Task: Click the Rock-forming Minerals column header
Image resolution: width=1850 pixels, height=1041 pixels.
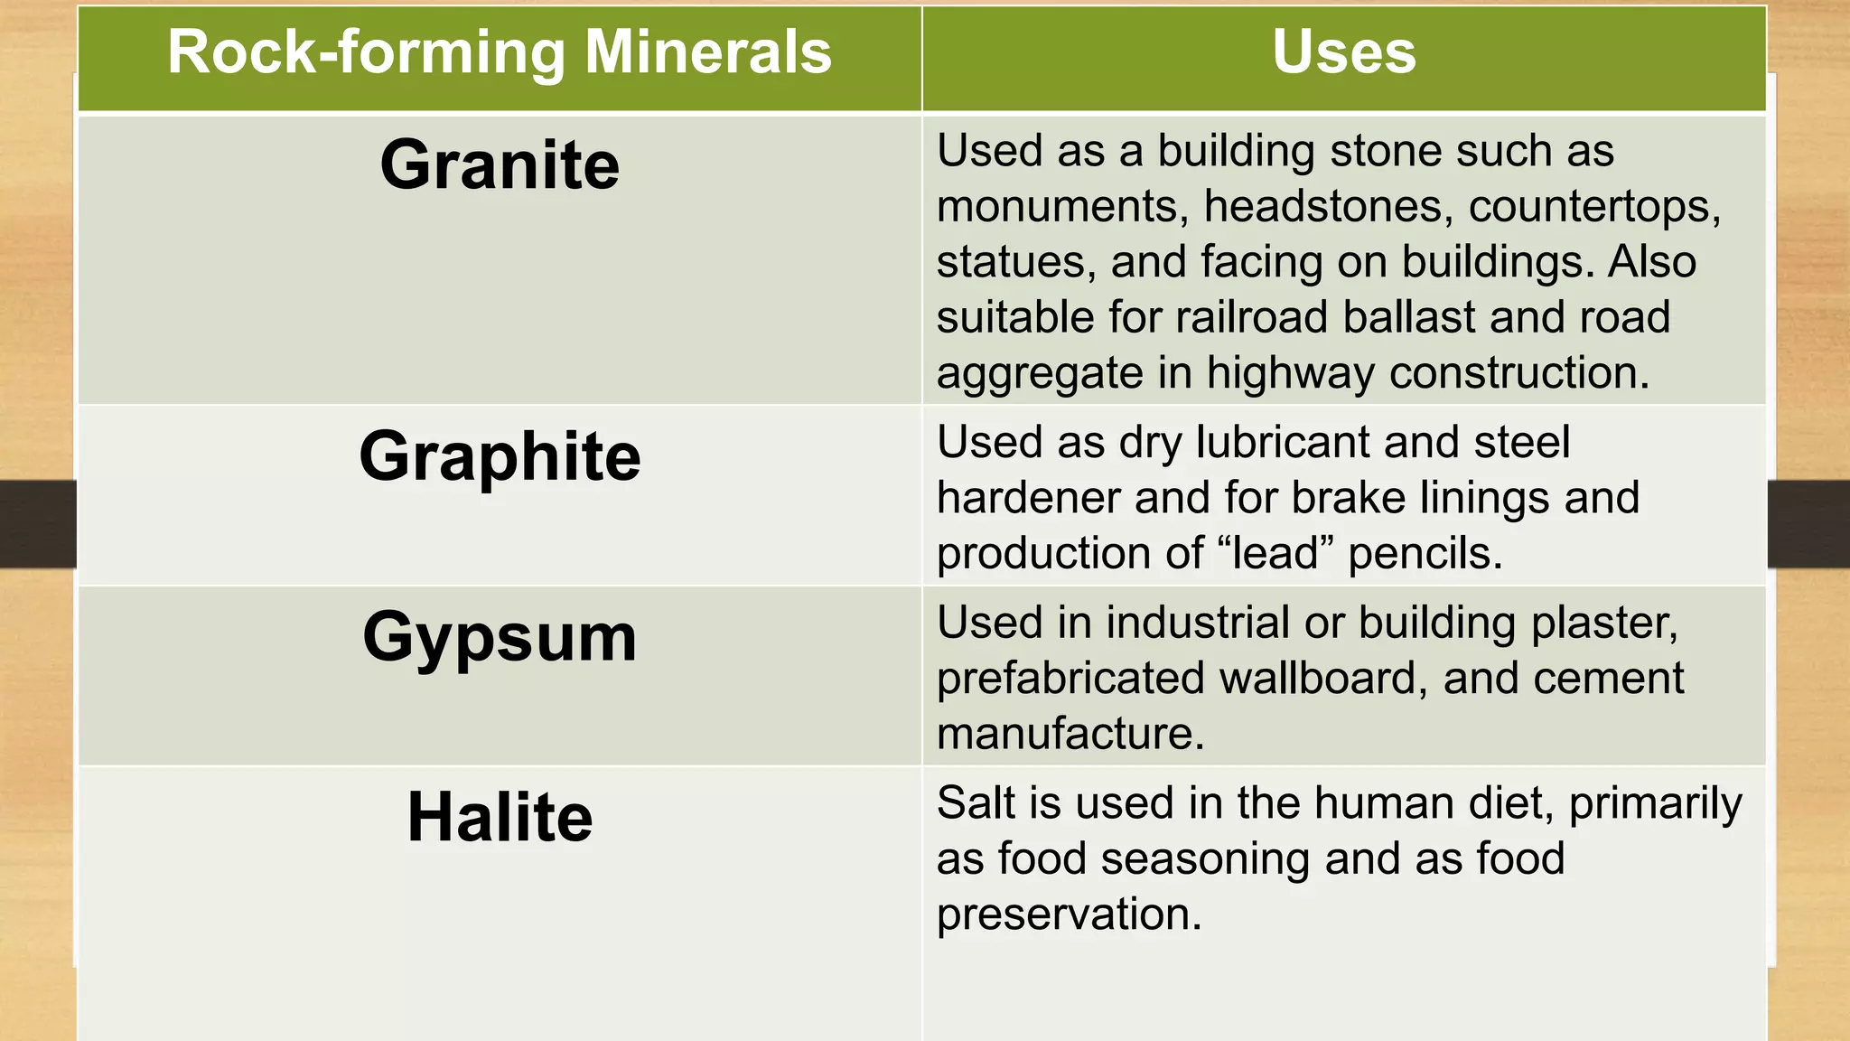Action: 500,52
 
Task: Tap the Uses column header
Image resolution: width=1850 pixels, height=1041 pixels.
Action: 1344,52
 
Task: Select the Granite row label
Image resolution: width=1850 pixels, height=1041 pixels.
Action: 500,165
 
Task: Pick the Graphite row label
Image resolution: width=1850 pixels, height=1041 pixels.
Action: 500,457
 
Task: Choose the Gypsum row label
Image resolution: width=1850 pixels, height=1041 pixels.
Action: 500,638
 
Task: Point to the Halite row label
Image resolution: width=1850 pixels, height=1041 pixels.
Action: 500,818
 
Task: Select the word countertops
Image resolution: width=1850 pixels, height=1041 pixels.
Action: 1594,207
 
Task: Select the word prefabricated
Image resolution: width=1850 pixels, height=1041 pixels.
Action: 1070,679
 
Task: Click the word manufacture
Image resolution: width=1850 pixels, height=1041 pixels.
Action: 1070,733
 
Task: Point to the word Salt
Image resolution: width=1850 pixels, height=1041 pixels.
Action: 974,803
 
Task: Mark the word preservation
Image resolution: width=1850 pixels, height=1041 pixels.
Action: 1069,914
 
